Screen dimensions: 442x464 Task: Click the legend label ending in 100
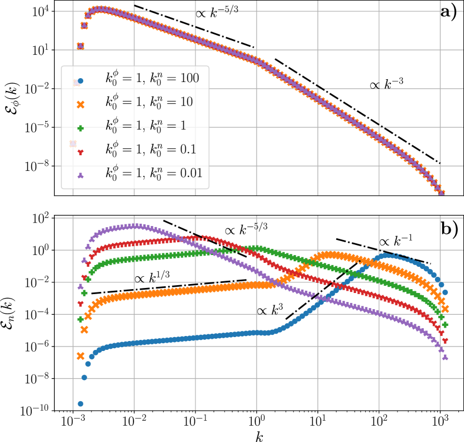click(x=152, y=79)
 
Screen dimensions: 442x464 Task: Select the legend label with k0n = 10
click(x=149, y=102)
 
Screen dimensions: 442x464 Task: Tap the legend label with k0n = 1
click(x=146, y=126)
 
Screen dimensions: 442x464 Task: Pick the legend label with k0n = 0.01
click(x=154, y=174)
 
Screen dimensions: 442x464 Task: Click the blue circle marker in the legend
click(x=80, y=81)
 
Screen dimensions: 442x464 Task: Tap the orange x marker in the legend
click(x=80, y=104)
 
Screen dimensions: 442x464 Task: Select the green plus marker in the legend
click(x=80, y=128)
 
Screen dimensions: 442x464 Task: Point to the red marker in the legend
click(x=80, y=152)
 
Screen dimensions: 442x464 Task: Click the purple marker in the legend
click(x=80, y=175)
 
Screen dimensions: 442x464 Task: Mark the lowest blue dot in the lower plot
click(x=80, y=403)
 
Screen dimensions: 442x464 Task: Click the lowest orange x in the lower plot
click(x=80, y=355)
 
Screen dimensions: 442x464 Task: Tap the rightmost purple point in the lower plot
click(x=445, y=358)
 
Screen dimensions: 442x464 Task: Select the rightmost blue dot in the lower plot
click(x=445, y=292)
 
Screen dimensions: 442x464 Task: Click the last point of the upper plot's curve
click(x=441, y=193)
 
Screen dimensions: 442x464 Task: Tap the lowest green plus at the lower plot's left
click(x=80, y=319)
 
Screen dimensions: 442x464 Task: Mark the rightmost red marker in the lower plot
click(x=445, y=340)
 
